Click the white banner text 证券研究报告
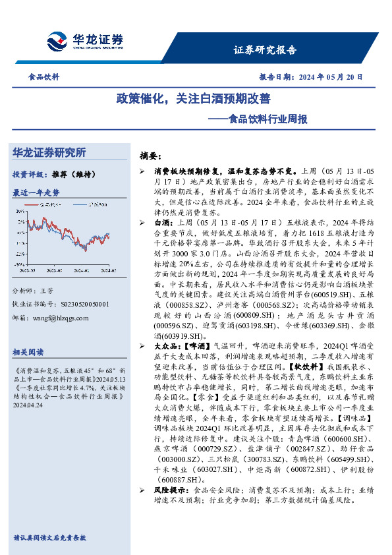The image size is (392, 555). (265, 50)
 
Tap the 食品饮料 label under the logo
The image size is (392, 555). (45, 77)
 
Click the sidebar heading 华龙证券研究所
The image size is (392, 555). (49, 153)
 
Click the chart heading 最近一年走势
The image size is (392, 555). (36, 192)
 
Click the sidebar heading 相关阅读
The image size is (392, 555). (28, 352)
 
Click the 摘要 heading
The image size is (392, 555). (150, 156)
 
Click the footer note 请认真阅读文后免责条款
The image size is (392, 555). (49, 537)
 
